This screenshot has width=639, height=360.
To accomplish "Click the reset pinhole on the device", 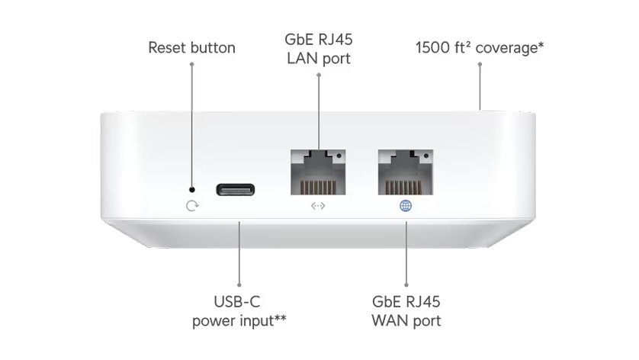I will coord(191,189).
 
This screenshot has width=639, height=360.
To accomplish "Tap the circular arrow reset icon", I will coord(192,205).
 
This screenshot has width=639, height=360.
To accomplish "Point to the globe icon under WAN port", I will coord(406,205).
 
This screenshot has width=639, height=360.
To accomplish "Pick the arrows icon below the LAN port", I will coord(319,205).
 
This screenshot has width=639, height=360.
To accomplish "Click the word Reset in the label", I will coord(167,48).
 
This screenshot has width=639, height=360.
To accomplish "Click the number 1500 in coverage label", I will coord(432,48).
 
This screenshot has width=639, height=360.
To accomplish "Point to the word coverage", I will coord(510,48).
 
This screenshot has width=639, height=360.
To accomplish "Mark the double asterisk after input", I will coord(279,318).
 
